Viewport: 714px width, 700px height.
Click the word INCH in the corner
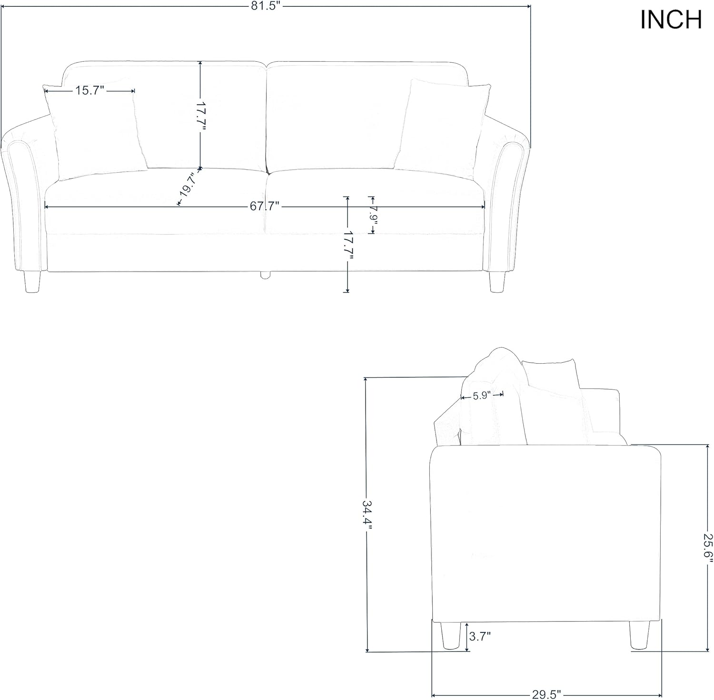(x=671, y=19)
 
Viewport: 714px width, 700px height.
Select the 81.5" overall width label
(x=265, y=6)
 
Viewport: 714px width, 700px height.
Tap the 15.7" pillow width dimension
(x=89, y=90)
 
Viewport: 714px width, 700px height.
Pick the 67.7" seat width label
(x=264, y=206)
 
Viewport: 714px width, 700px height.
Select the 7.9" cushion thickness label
(x=373, y=215)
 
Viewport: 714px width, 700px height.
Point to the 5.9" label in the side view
(x=482, y=396)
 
